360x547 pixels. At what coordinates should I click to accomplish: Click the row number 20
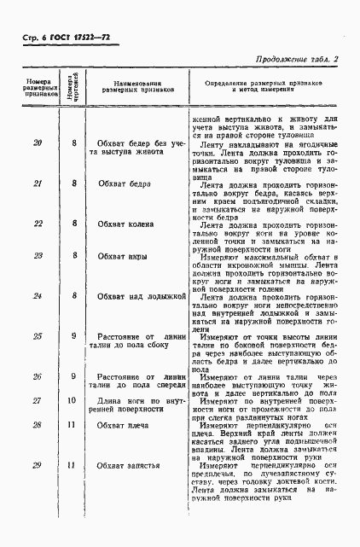click(37, 142)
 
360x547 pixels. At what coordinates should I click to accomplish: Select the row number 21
click(37, 183)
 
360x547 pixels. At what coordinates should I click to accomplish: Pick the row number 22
click(37, 224)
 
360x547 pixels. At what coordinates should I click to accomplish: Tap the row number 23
click(37, 255)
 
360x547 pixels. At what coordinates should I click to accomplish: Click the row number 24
click(37, 296)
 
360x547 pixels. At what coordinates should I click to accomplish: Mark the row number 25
click(37, 337)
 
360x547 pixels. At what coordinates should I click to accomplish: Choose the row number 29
click(37, 489)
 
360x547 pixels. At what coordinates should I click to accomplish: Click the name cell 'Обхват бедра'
click(123, 183)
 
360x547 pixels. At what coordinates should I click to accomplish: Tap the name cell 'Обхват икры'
click(123, 255)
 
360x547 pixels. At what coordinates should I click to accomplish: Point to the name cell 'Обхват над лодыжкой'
click(136, 296)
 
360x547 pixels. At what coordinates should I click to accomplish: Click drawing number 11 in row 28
click(73, 448)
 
